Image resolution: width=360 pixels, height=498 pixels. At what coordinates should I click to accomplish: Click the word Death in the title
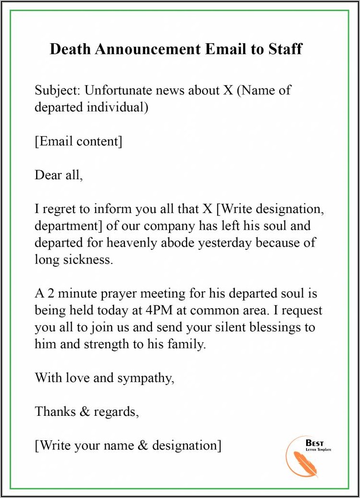click(69, 49)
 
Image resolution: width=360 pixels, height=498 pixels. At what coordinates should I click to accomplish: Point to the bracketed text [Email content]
click(78, 141)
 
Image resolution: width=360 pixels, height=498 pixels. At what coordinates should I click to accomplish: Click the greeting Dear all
click(59, 175)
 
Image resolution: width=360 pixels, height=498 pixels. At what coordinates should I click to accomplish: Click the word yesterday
click(224, 242)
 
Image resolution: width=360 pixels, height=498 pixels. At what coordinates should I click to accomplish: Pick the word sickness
click(90, 260)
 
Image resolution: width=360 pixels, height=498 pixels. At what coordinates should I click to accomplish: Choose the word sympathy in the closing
click(145, 378)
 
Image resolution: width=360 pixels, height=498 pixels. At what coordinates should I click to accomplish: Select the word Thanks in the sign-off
click(54, 411)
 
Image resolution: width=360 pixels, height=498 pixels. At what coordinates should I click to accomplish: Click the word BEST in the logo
click(314, 443)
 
